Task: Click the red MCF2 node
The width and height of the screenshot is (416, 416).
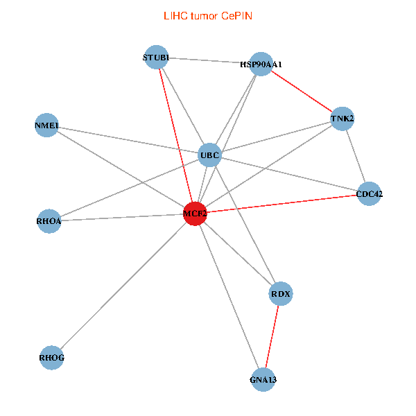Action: (195, 214)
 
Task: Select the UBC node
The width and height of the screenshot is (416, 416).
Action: (210, 155)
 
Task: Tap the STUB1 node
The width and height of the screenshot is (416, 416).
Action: (156, 58)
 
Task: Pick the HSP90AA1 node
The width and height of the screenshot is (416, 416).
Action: (261, 64)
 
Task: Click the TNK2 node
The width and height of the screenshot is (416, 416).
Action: (343, 119)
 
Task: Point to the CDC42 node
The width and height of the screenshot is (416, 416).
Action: (369, 194)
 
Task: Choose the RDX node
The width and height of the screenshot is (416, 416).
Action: (281, 294)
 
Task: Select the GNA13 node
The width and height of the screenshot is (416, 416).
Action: (263, 380)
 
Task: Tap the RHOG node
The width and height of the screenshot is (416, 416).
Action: (52, 358)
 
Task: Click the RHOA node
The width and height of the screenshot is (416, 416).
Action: (49, 221)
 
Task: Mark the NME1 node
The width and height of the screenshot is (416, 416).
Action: (46, 125)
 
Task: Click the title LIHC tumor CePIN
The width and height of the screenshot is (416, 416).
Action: (208, 16)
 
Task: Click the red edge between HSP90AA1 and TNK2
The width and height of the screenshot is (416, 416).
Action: (302, 92)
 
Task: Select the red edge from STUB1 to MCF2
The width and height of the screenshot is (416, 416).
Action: (176, 136)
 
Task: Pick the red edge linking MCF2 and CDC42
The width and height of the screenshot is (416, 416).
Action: (282, 204)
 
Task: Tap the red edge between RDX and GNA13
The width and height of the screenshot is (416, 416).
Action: (272, 337)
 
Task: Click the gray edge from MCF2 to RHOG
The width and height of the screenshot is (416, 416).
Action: (123, 286)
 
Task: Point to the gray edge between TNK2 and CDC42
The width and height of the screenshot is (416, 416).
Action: (356, 156)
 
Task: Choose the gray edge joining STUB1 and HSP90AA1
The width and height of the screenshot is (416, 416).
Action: (209, 61)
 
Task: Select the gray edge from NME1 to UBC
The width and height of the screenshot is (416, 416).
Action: (128, 140)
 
